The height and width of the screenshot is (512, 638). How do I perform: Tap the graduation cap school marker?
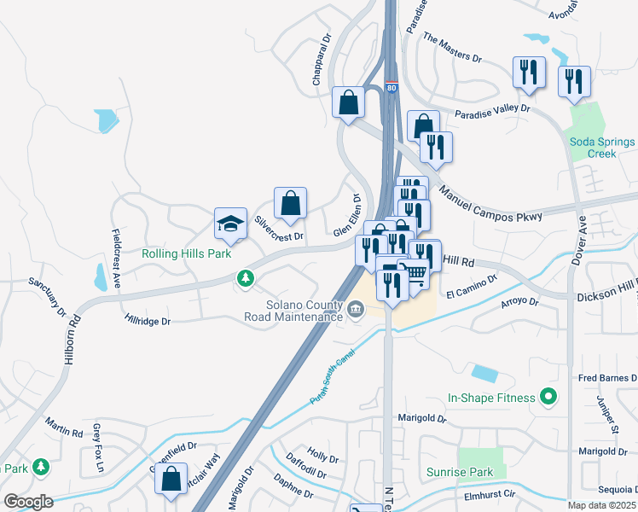tap(229, 224)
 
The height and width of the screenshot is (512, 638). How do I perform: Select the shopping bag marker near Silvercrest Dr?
tap(290, 203)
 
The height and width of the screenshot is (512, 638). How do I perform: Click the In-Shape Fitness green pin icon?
tap(548, 397)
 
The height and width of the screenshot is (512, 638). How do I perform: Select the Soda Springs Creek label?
tap(602, 148)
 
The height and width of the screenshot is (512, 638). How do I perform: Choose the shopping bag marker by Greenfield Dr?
tap(171, 480)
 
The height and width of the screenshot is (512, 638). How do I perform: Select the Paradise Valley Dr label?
tap(492, 111)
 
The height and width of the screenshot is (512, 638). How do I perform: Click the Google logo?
tap(28, 502)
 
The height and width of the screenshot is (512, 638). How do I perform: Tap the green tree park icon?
tap(246, 277)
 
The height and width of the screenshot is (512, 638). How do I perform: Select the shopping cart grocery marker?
tap(415, 272)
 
